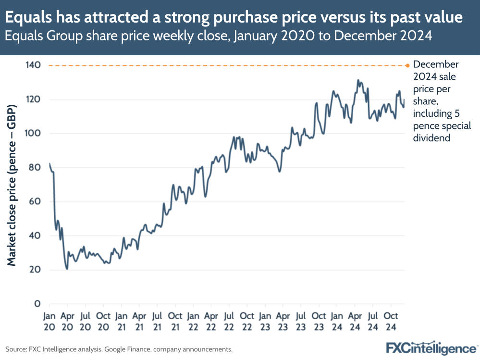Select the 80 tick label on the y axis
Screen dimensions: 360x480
coord(35,168)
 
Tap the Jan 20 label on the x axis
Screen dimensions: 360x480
coord(49,321)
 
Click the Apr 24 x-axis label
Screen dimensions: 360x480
coord(355,321)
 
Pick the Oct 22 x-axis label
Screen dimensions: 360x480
coord(247,321)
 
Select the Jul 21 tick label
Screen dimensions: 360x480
coord(157,321)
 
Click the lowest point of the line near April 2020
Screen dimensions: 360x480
coord(67,269)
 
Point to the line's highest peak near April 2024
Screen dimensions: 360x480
coord(358,80)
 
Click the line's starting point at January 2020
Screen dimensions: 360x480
coord(49,163)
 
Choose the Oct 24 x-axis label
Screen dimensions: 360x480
coord(391,321)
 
